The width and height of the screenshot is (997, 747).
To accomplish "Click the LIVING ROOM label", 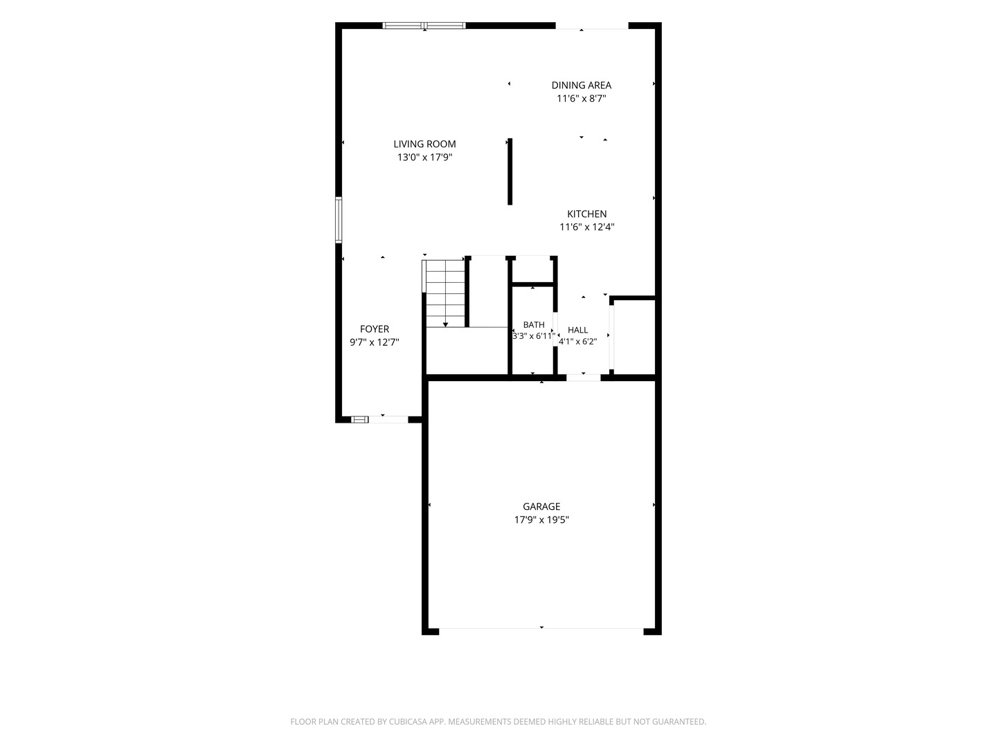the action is (424, 145).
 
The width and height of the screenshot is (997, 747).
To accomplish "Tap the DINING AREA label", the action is (581, 85).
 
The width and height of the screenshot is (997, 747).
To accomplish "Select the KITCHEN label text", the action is (586, 214).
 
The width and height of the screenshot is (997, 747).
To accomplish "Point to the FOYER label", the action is (375, 329).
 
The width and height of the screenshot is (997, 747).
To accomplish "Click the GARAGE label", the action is (541, 506).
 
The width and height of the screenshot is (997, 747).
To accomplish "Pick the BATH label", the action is (533, 325).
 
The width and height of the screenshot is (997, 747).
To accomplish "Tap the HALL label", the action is (577, 330).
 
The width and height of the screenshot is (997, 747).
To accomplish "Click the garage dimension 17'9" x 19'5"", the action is (541, 519).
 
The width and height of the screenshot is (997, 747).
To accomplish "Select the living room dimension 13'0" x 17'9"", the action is (424, 158).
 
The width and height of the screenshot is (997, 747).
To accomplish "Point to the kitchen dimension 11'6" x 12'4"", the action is (586, 227).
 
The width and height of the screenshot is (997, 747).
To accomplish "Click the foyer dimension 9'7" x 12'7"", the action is (375, 342).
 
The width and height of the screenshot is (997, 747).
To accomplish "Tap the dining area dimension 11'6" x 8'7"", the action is (581, 98).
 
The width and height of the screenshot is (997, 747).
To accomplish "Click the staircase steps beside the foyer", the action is (445, 293).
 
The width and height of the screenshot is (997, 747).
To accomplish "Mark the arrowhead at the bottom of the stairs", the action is (445, 325).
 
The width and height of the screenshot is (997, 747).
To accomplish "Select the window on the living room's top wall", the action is (424, 26).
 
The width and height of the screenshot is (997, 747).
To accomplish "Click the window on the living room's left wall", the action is (339, 220).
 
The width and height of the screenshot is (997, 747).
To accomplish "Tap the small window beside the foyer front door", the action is (359, 420).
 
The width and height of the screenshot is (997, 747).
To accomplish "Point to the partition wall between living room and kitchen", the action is (510, 172).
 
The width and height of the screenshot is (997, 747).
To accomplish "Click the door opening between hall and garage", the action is (583, 378).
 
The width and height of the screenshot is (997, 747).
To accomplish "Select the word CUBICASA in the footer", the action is (407, 721).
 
